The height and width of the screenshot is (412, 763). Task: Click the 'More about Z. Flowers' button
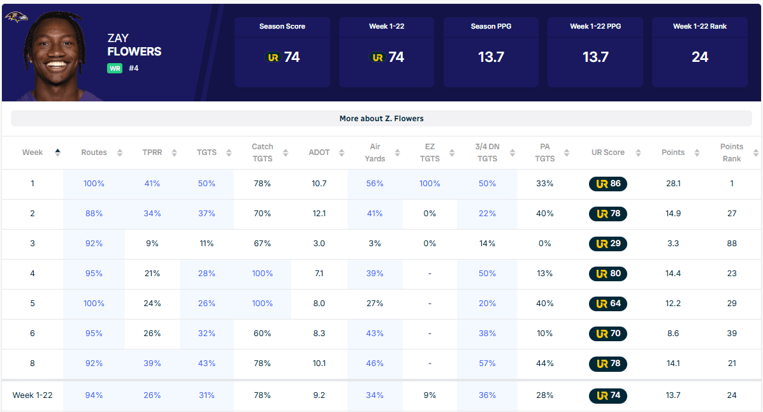pos(381,119)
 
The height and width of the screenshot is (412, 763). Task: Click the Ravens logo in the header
pos(16,17)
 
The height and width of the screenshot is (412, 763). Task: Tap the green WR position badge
pos(115,68)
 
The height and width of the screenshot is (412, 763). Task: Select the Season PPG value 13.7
pos(491,57)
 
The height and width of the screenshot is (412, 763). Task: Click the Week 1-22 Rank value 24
pos(700,57)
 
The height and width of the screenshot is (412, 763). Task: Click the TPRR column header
pos(152,152)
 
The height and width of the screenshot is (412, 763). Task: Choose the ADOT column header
pos(319,152)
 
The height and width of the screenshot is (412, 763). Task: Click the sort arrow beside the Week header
pos(58,152)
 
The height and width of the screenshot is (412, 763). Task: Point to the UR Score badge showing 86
pos(607,184)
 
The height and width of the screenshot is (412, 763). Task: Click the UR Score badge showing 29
pos(607,244)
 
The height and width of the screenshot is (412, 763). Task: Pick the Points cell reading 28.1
pos(673,184)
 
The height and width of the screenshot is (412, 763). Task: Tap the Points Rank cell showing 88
pos(732,244)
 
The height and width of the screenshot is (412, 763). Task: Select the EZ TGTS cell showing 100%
pos(430,184)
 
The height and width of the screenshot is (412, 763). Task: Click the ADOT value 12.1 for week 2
pos(319,214)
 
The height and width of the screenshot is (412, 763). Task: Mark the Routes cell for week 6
pos(94,334)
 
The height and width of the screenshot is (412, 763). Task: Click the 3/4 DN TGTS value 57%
pos(487,364)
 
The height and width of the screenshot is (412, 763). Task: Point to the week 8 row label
pos(33,364)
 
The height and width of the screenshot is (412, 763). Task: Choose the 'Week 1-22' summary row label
pos(33,395)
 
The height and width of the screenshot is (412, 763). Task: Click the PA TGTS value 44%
pos(544,364)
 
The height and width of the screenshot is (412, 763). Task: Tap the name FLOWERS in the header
pos(134,52)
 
